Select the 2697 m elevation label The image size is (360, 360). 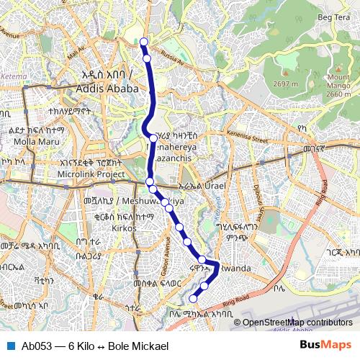pyautogui.click(x=285, y=84)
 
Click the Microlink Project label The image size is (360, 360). pyautogui.click(x=91, y=174)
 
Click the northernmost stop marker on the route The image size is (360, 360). pyautogui.click(x=144, y=41)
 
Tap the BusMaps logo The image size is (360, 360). pyautogui.click(x=326, y=345)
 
